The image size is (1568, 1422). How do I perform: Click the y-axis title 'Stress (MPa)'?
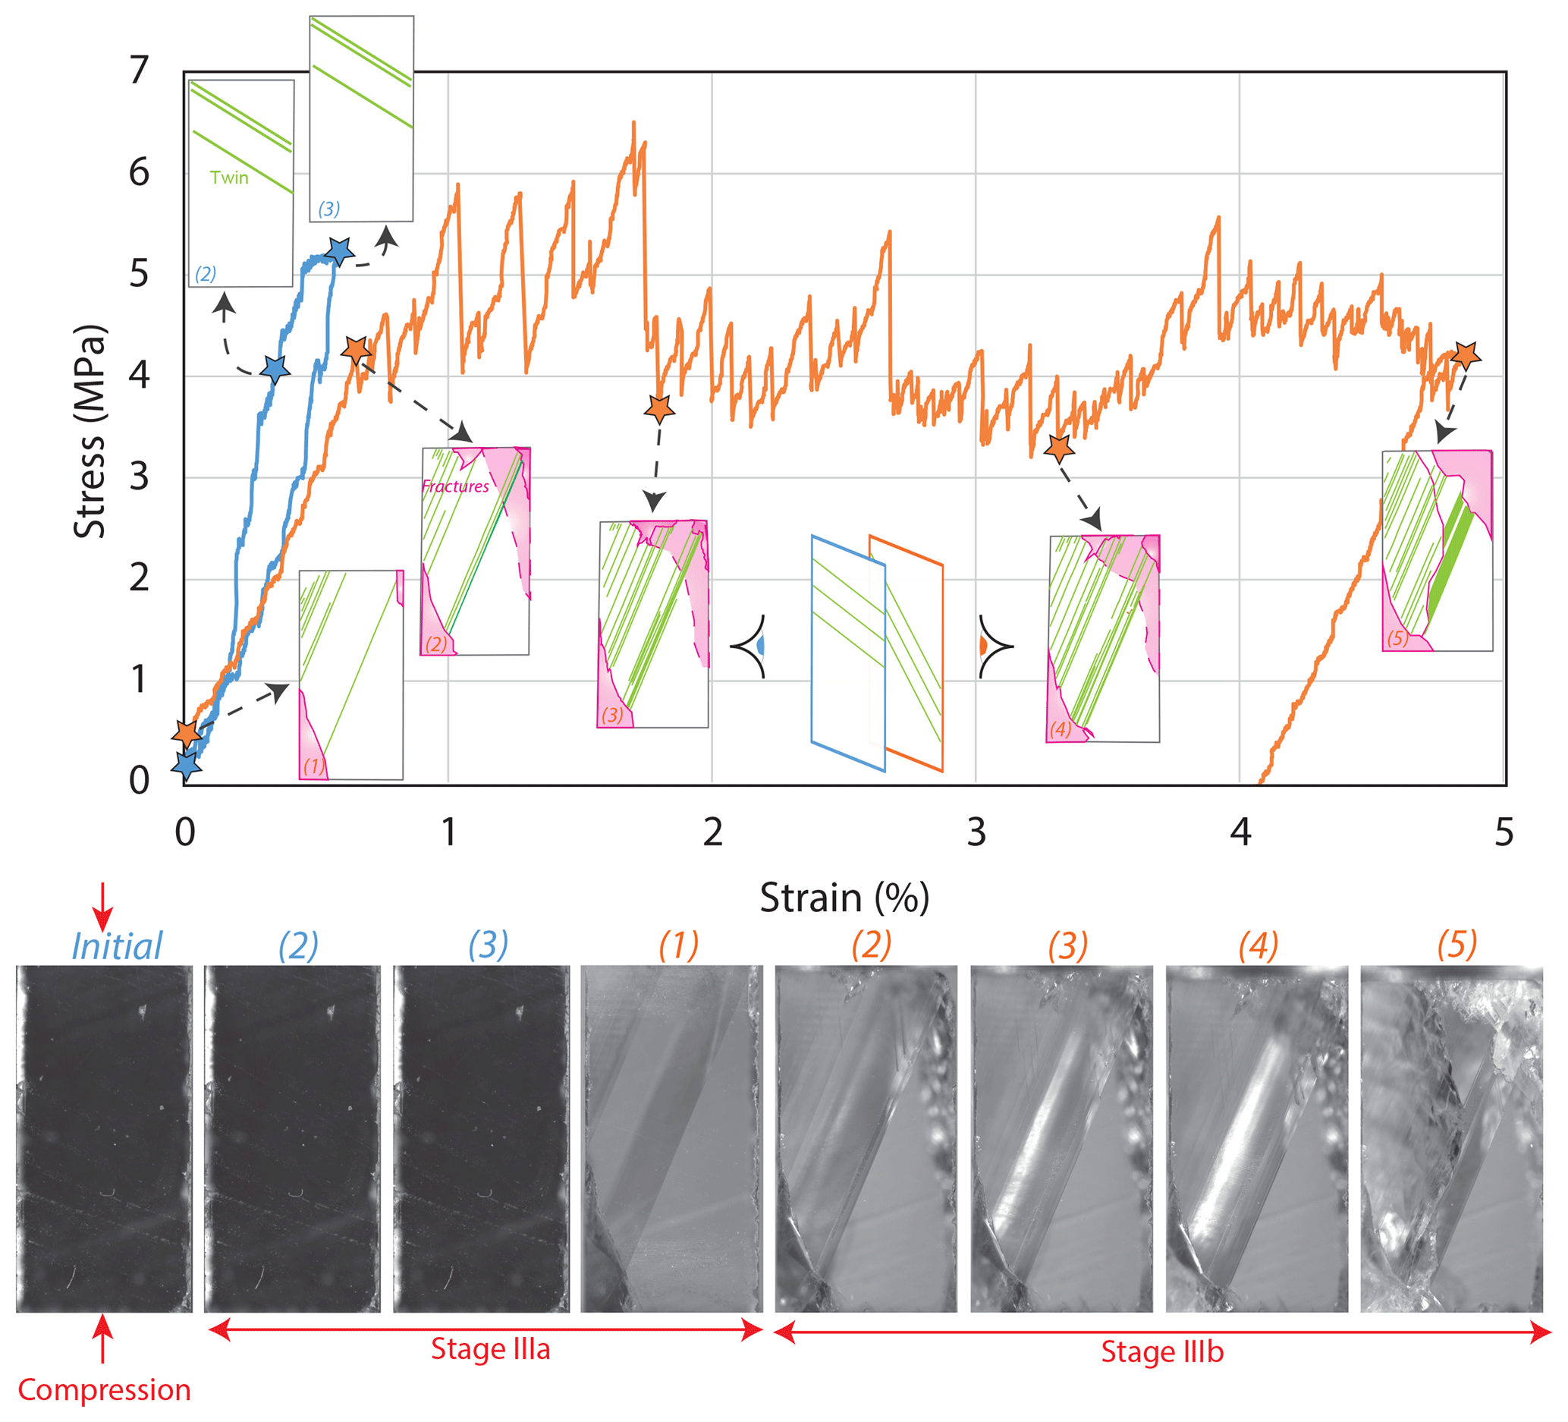coord(90,432)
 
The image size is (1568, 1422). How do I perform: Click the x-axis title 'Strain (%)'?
coord(844,898)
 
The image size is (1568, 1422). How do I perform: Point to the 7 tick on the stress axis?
coord(140,71)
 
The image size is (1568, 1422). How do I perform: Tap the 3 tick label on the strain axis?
coord(976,832)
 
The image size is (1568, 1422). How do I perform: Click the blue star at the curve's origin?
coord(186,766)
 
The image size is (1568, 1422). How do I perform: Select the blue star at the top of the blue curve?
coord(339,250)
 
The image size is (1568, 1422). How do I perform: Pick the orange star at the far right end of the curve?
coord(1466,355)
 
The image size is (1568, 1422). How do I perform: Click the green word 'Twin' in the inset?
coord(228,178)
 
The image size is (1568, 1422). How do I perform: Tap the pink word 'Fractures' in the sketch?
coord(455,486)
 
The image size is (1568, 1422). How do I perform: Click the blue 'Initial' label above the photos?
coord(117,947)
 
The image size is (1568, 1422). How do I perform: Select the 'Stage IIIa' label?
coord(490,1350)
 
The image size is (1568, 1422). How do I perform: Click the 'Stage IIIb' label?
coord(1162,1352)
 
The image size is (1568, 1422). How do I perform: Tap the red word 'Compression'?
coord(104,1390)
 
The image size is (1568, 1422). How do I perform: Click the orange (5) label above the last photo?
coord(1456,945)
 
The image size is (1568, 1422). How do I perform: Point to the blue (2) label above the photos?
coord(298,946)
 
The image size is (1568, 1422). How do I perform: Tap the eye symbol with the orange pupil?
coord(994,646)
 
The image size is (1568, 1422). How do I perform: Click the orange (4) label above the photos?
coord(1258,946)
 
